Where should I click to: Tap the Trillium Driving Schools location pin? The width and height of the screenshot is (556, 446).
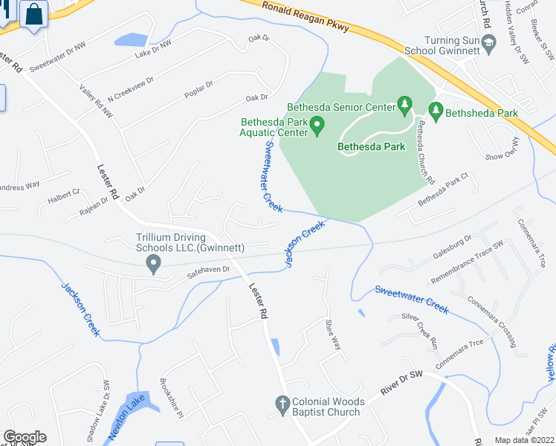pyautogui.click(x=154, y=263)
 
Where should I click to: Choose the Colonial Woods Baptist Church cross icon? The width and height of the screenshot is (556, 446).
pyautogui.click(x=282, y=405)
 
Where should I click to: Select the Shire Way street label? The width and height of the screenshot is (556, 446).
pyautogui.click(x=332, y=334)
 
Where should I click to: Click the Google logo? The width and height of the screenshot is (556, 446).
pyautogui.click(x=25, y=437)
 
